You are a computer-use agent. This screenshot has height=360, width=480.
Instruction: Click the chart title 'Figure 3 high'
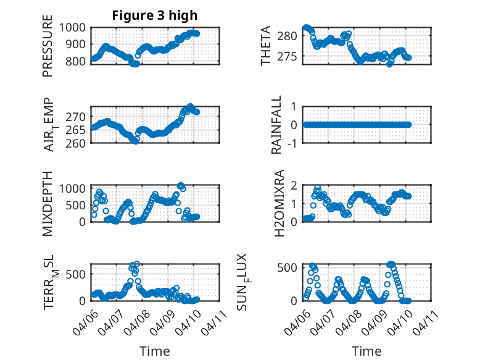point(155,15)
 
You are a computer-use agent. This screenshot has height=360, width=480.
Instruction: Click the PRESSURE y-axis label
point(48,50)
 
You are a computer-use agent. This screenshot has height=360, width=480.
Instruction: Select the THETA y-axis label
point(266,46)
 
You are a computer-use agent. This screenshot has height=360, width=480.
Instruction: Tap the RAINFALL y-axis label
point(277,125)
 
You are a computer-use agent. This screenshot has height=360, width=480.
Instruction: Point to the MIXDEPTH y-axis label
point(48,203)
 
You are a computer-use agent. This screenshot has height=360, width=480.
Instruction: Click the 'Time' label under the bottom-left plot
point(155,351)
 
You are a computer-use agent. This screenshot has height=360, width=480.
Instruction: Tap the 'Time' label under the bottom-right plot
point(366,351)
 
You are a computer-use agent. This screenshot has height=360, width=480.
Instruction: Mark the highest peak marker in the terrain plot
point(136,264)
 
